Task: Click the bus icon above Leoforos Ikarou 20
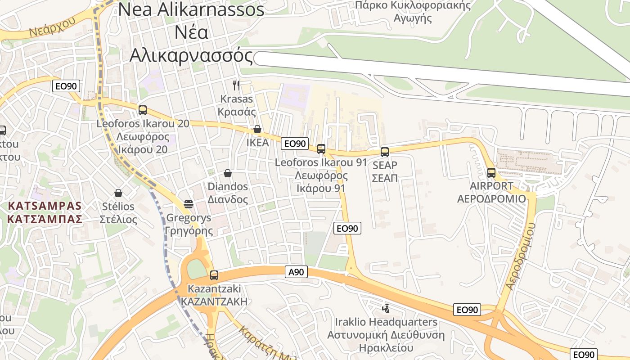click(x=143, y=110)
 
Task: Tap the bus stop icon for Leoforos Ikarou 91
click(x=321, y=148)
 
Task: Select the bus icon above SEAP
click(x=385, y=152)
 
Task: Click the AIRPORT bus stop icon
click(x=491, y=172)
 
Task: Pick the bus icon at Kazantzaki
click(x=214, y=275)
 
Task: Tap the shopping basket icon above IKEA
click(x=257, y=130)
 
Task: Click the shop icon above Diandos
click(x=228, y=173)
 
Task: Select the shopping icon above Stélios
click(x=118, y=193)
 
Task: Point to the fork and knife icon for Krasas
click(x=236, y=85)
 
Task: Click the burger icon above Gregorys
click(x=189, y=204)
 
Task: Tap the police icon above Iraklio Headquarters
click(x=386, y=309)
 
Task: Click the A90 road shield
click(x=297, y=272)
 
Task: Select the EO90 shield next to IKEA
click(x=295, y=144)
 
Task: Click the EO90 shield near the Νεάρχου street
click(x=66, y=86)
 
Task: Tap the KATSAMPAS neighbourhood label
click(x=45, y=213)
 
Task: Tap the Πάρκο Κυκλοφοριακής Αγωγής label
click(x=413, y=12)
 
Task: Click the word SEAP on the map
click(x=385, y=166)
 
